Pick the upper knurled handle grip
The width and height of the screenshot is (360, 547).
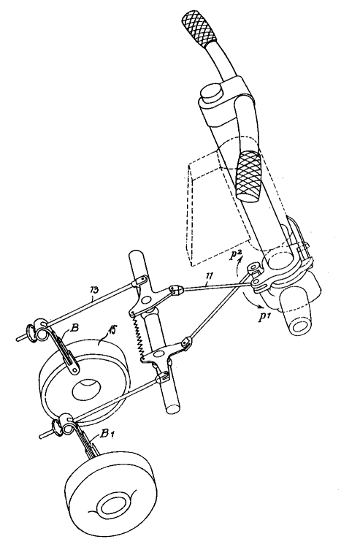199,27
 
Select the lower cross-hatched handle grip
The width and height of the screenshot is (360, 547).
249,175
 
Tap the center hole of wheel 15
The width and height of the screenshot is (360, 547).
86,389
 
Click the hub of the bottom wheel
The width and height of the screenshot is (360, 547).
112,504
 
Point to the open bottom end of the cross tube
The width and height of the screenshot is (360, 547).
172,408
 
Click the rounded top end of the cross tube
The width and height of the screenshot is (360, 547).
135,256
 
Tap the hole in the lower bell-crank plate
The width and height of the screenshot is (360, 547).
156,353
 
